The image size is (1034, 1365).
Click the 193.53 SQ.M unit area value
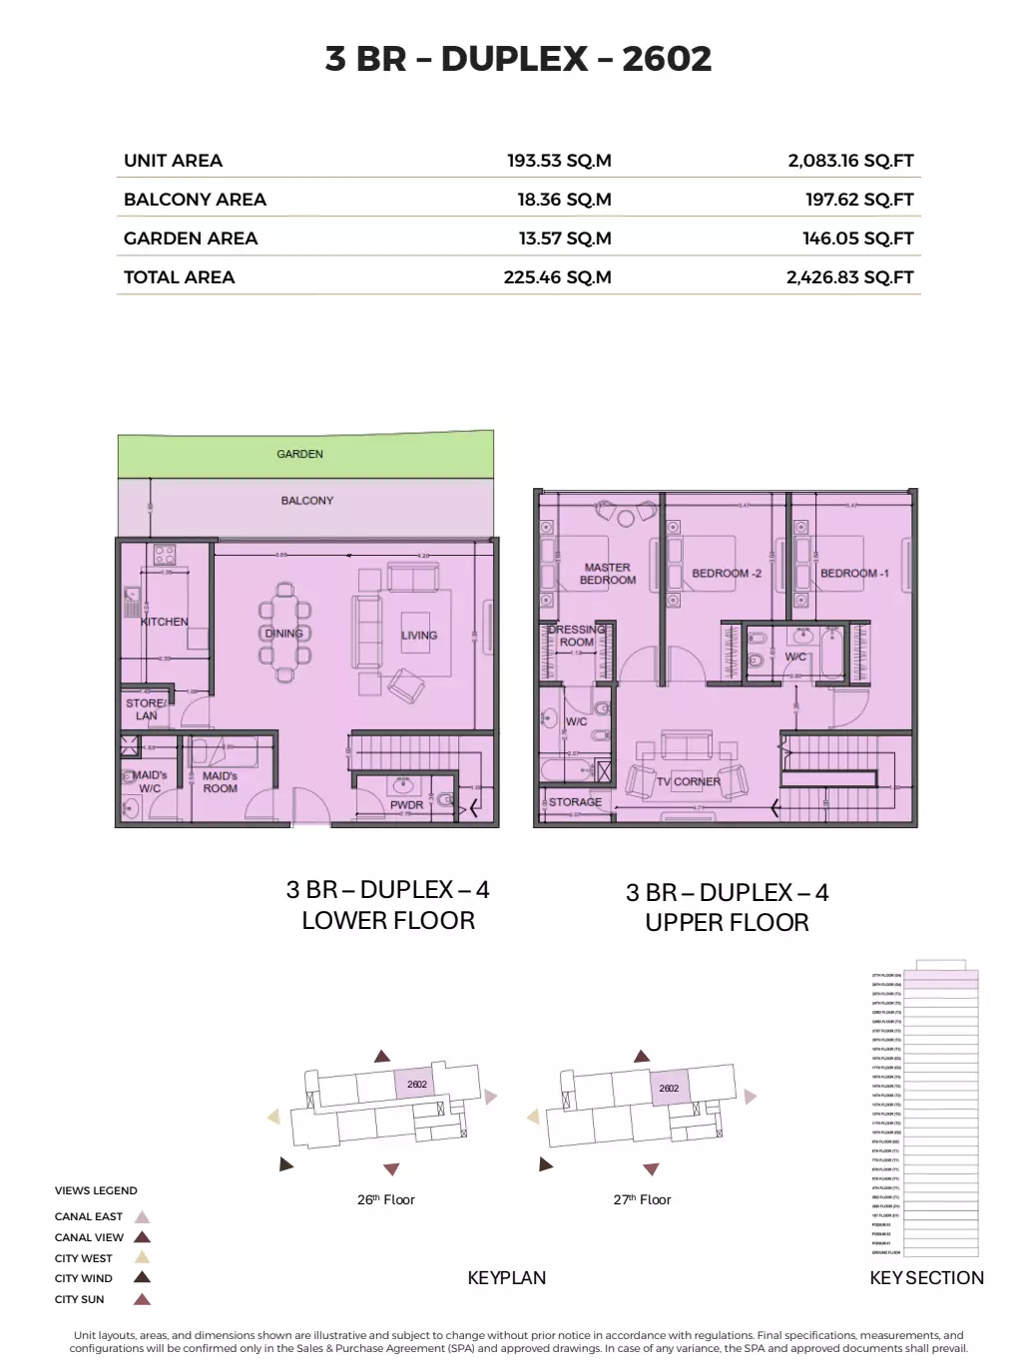tap(559, 161)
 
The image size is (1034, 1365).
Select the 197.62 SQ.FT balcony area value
tap(859, 200)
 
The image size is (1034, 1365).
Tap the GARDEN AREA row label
tap(191, 238)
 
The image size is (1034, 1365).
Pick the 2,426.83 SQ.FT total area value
tap(849, 277)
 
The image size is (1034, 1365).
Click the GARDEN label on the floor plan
tap(299, 454)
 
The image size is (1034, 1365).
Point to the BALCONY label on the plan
tap(306, 501)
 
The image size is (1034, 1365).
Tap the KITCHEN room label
tap(165, 622)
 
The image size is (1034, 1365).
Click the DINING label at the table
tap(283, 634)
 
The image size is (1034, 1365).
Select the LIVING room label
tap(419, 636)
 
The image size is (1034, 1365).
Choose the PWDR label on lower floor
tap(406, 805)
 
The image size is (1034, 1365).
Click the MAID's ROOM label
tap(220, 782)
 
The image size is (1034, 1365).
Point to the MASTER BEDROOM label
tap(607, 574)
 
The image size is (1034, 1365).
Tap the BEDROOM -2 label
tap(727, 574)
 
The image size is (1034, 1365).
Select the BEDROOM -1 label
tap(854, 574)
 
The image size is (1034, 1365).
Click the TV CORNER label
tap(688, 782)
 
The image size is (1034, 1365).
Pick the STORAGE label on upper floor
tap(575, 802)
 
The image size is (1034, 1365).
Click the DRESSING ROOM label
tap(577, 636)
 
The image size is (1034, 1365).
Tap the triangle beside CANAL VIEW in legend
tap(143, 1237)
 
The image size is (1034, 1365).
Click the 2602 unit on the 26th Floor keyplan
tap(416, 1085)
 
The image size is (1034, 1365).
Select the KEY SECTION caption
tap(926, 1278)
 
